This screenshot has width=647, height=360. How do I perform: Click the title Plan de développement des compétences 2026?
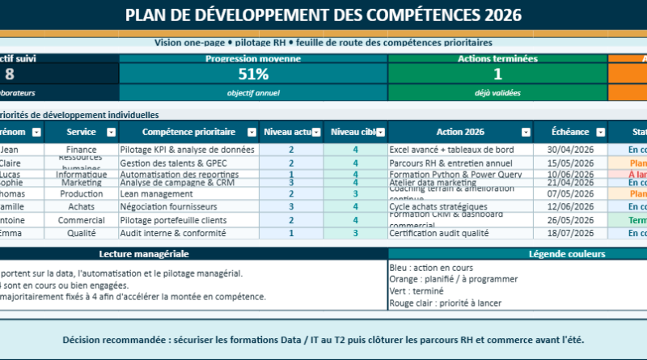[323, 15]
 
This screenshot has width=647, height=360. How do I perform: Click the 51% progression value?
[253, 74]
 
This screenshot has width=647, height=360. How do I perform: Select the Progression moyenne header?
[253, 59]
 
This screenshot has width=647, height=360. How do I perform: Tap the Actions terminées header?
[497, 59]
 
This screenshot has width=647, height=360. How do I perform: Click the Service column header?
[81, 132]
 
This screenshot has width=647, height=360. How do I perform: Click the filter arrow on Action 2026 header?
[526, 132]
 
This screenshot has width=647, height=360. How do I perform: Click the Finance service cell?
[82, 150]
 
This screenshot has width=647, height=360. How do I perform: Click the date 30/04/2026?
[571, 150]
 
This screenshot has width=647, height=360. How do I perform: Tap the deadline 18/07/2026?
[571, 233]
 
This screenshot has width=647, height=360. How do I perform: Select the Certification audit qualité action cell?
[438, 233]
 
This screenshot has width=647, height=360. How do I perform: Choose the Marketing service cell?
[82, 183]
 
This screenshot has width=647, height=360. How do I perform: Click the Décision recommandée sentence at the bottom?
[323, 340]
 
